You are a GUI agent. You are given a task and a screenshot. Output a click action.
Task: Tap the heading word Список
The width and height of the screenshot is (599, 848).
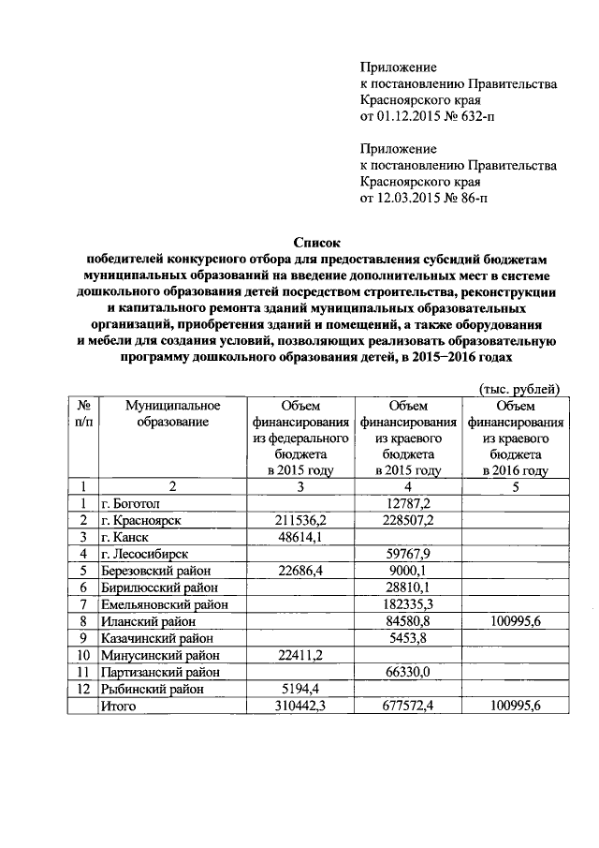299,241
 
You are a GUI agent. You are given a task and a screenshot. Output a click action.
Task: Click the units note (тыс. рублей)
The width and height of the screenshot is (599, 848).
519,389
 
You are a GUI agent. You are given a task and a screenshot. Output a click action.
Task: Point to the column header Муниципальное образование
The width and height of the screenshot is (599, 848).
160,414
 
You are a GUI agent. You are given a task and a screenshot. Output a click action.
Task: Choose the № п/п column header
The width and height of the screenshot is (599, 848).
83,414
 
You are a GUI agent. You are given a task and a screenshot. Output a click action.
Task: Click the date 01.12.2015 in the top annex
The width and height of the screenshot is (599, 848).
406,118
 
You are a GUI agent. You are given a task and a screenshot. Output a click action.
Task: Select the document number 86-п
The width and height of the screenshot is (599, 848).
471,198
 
